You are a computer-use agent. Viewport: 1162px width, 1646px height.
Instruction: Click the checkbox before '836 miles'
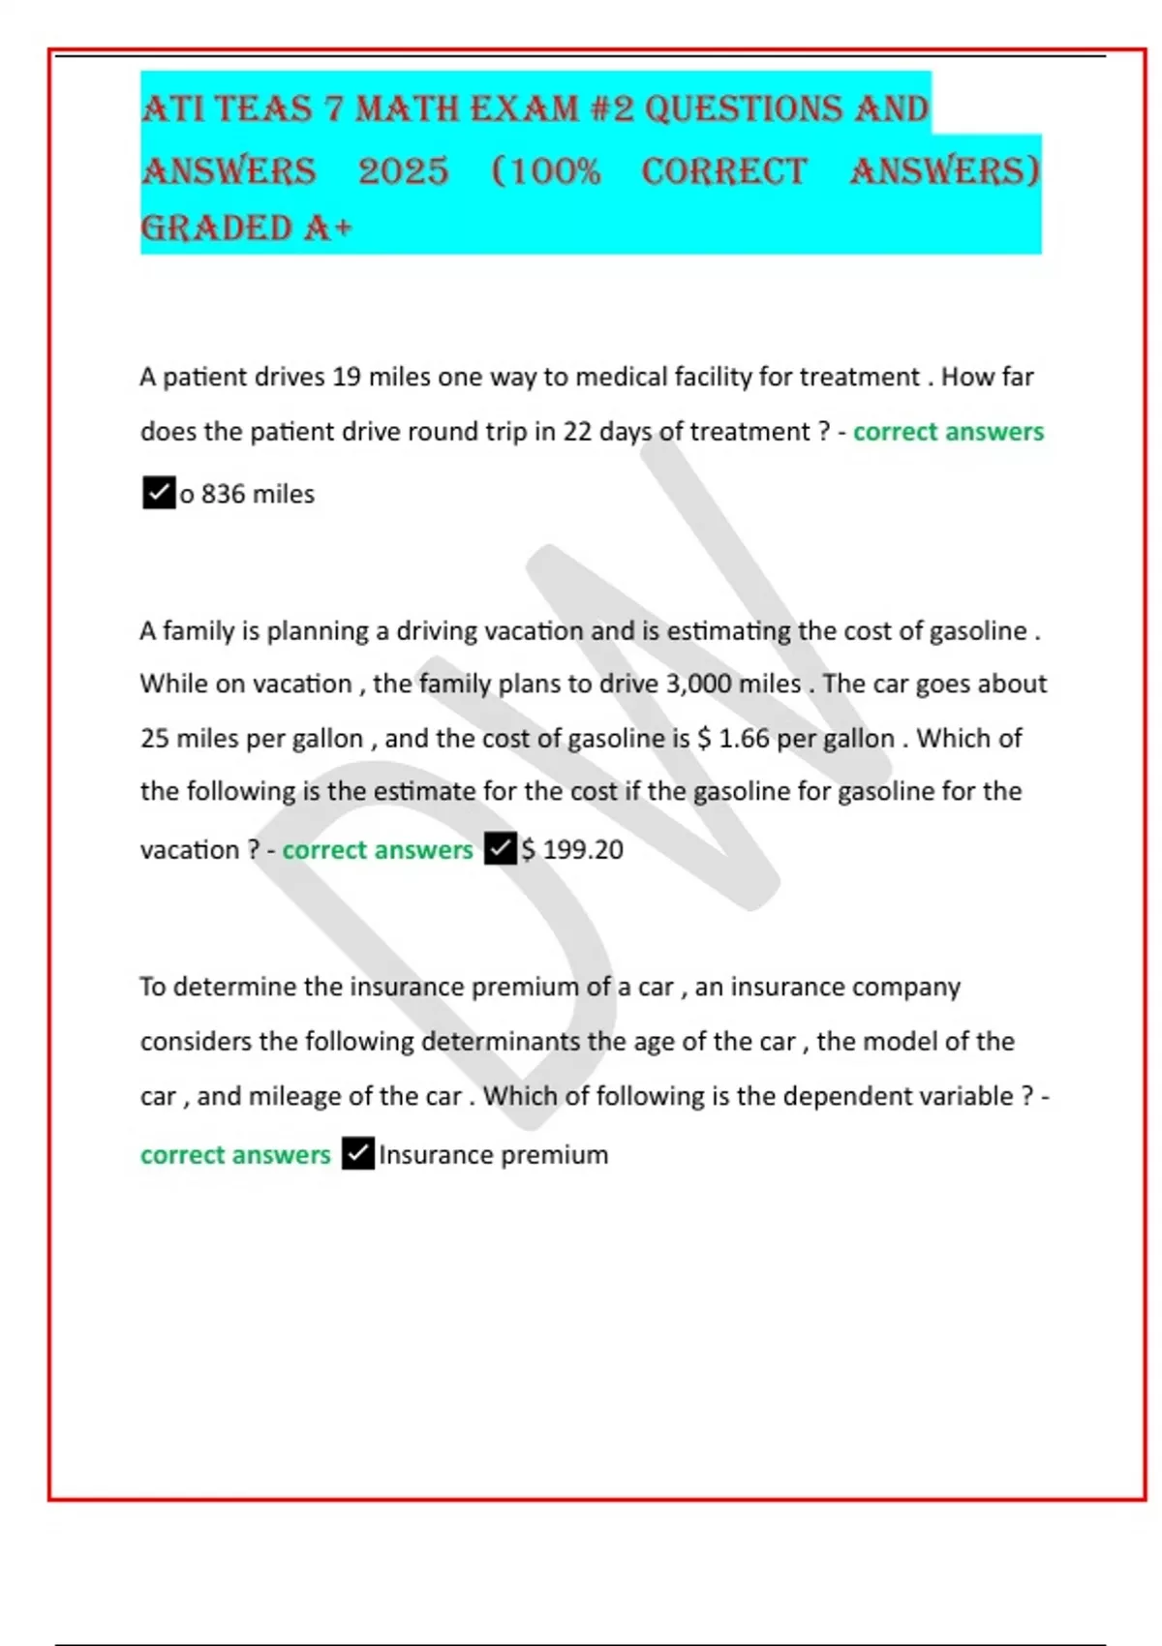[158, 493]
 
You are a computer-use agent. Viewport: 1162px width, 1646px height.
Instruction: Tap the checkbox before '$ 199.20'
[500, 849]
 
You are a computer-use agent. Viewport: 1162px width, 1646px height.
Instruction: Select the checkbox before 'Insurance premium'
[357, 1154]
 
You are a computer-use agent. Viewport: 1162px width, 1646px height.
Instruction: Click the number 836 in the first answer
[223, 494]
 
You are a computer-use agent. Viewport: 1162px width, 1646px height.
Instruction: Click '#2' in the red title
[610, 109]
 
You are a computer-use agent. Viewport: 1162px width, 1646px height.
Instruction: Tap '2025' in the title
[403, 171]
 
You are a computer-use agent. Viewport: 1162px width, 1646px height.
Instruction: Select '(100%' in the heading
[546, 171]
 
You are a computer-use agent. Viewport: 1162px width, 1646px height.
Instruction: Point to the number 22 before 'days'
[577, 431]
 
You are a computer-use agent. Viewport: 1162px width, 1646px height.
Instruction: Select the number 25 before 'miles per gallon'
[154, 738]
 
